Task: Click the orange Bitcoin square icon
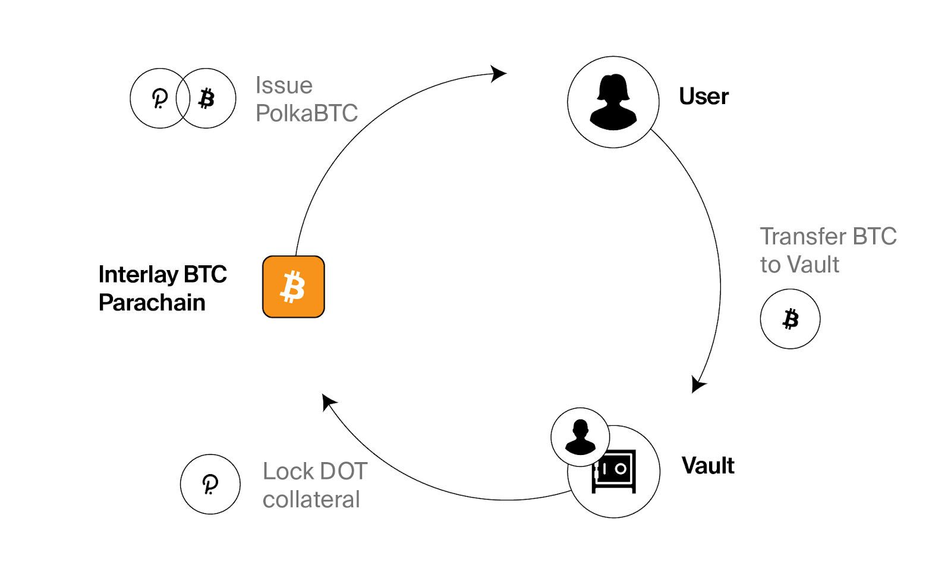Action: pyautogui.click(x=294, y=287)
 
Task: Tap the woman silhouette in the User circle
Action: pyautogui.click(x=613, y=102)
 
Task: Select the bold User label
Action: pyautogui.click(x=704, y=96)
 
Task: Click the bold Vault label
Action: pyautogui.click(x=708, y=466)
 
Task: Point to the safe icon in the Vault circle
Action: pyautogui.click(x=615, y=471)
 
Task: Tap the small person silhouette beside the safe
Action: pyautogui.click(x=580, y=437)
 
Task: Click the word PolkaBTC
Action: pyautogui.click(x=307, y=113)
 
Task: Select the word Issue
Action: pyautogui.click(x=284, y=86)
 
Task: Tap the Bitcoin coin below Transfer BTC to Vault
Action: pyautogui.click(x=790, y=319)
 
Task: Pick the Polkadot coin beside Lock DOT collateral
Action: pyautogui.click(x=210, y=484)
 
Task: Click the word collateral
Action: pyautogui.click(x=311, y=500)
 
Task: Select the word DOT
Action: pyautogui.click(x=344, y=472)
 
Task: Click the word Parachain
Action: pyautogui.click(x=152, y=303)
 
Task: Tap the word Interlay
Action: pyautogui.click(x=138, y=275)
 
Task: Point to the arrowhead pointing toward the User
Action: pyautogui.click(x=498, y=74)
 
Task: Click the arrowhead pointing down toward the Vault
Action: pyautogui.click(x=698, y=384)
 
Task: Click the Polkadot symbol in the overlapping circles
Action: pyautogui.click(x=159, y=98)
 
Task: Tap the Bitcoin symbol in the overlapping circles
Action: pyautogui.click(x=206, y=98)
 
